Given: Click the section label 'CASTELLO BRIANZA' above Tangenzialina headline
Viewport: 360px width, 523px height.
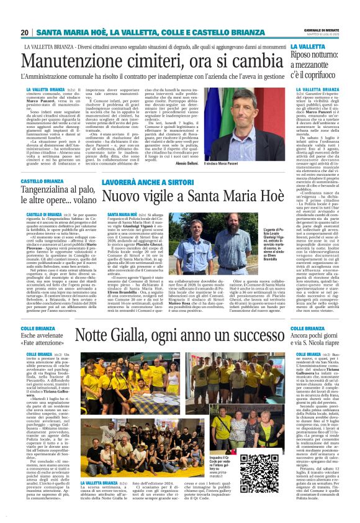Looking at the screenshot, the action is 44,181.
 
